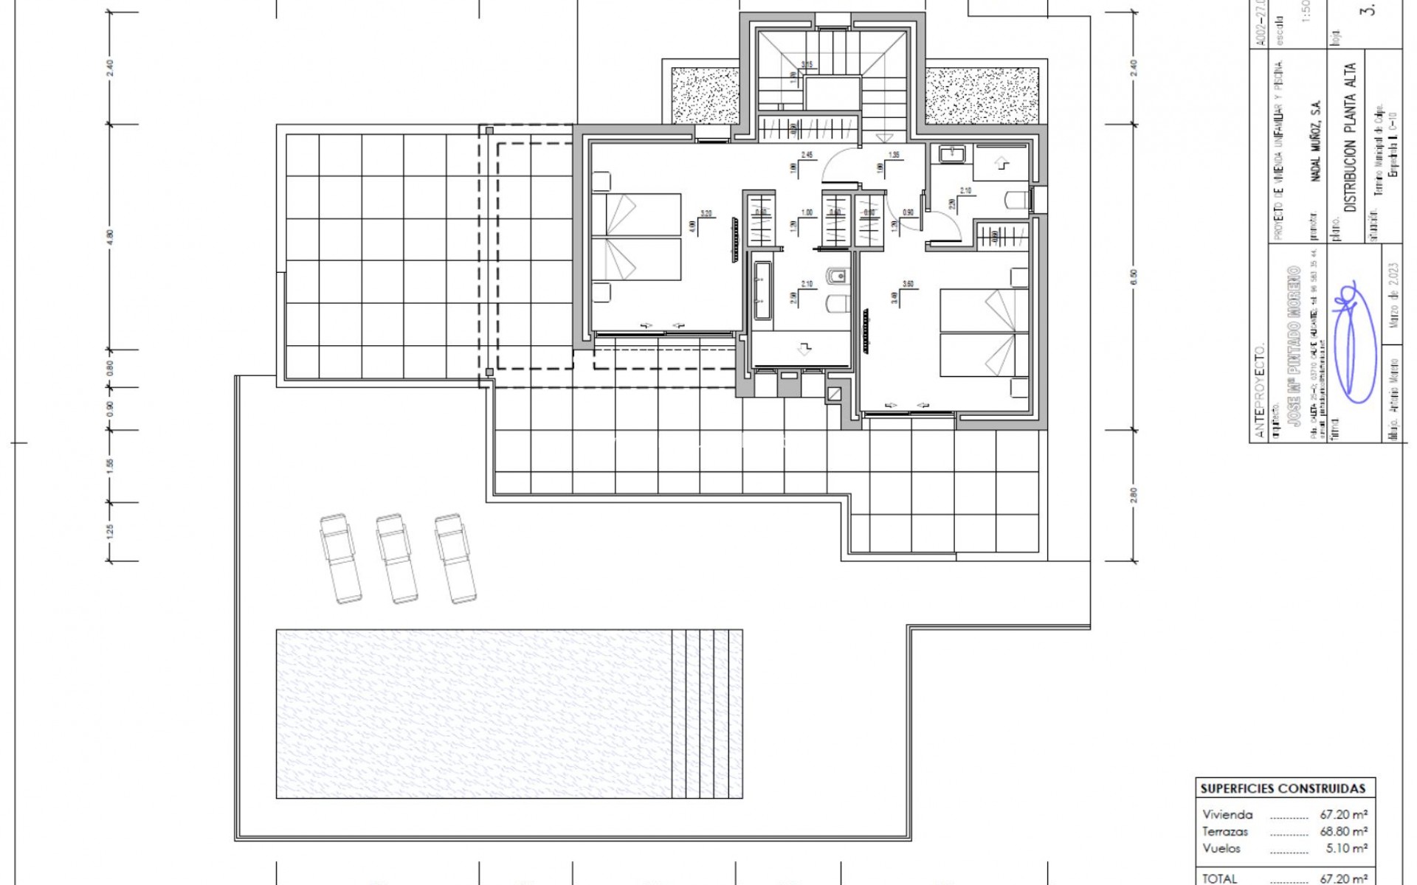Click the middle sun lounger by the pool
tap(397, 558)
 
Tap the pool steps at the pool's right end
tap(707, 713)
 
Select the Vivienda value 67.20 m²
tap(1343, 815)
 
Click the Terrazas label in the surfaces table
tap(1225, 831)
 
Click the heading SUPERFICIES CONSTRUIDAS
tap(1283, 788)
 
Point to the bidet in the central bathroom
tap(839, 277)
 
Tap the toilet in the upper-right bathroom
tap(1017, 200)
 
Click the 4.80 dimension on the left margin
tap(111, 236)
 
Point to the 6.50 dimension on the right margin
tap(1134, 277)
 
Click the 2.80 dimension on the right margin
tap(1134, 494)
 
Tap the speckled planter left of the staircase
tap(706, 95)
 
